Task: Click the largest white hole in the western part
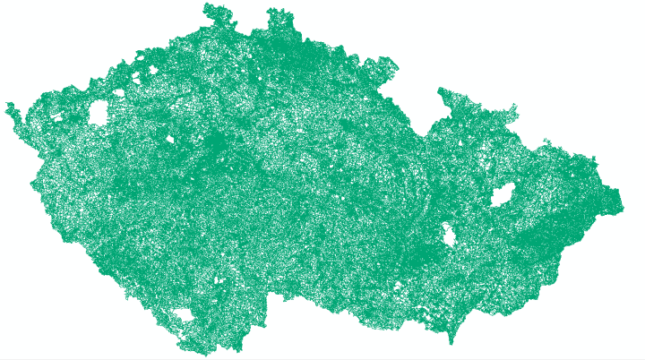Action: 98,113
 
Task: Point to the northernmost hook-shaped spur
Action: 212,11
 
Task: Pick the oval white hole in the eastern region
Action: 502,194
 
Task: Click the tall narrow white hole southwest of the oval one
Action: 448,236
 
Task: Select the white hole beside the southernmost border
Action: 184,315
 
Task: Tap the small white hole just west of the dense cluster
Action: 170,139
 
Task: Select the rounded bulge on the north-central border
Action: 385,65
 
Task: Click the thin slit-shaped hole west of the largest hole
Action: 57,116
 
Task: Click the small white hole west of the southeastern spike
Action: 398,287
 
